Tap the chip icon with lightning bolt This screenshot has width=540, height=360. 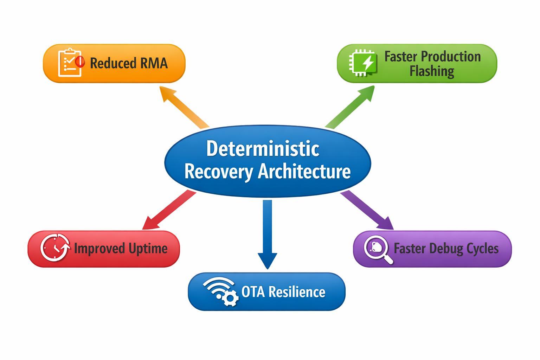pyautogui.click(x=364, y=63)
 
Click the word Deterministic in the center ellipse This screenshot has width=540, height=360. pyautogui.click(x=263, y=149)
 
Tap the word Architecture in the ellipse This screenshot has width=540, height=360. pyautogui.click(x=304, y=172)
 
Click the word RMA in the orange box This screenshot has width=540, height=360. pyautogui.click(x=154, y=63)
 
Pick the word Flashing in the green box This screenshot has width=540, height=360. pyautogui.click(x=432, y=71)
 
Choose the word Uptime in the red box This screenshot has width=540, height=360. pyautogui.click(x=148, y=249)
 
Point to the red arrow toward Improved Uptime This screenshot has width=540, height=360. pyautogui.click(x=169, y=210)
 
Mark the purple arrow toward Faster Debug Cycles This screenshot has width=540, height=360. pyautogui.click(x=367, y=210)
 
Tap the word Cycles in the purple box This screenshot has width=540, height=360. pyautogui.click(x=482, y=249)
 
